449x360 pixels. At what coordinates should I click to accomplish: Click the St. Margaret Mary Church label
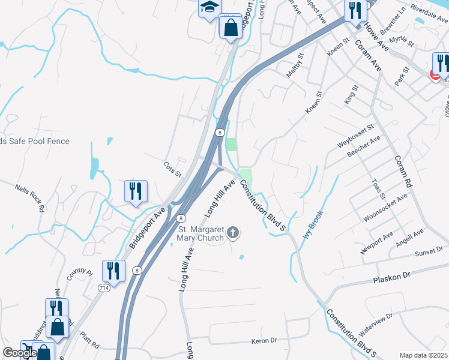[x=200, y=232]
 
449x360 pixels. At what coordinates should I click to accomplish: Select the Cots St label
[x=172, y=169]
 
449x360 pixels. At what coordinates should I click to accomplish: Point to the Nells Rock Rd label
[x=30, y=199]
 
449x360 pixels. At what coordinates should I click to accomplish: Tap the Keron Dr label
[x=264, y=340]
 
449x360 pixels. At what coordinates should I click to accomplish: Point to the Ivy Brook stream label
[x=313, y=225]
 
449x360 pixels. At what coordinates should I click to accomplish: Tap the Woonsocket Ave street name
[x=386, y=207]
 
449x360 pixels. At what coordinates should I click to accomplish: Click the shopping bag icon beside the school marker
[x=231, y=27]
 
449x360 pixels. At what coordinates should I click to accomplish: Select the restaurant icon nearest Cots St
[x=136, y=191]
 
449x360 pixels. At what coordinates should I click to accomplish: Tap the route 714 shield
[x=104, y=288]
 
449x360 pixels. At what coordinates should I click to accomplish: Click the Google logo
[x=19, y=353]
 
